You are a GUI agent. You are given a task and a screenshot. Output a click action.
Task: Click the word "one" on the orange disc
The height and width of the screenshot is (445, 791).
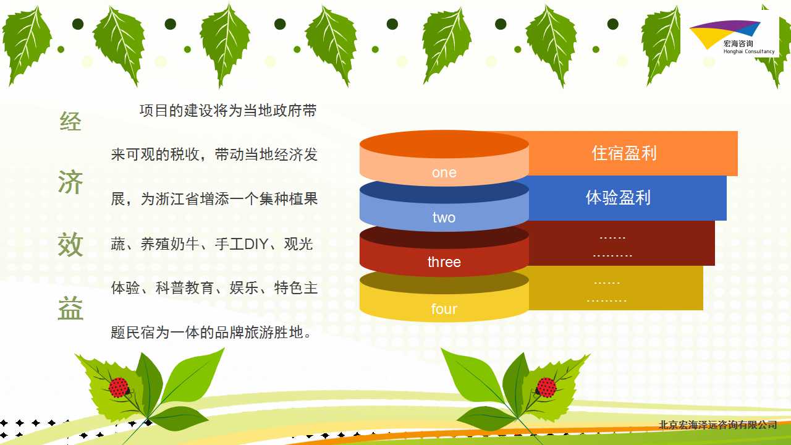(444, 172)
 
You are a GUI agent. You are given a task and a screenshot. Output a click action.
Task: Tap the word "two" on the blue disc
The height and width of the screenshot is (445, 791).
(444, 218)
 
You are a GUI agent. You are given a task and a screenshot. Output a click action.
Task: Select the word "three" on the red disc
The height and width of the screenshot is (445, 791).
(444, 262)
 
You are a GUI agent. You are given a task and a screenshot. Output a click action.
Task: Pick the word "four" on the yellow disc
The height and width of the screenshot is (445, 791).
(444, 309)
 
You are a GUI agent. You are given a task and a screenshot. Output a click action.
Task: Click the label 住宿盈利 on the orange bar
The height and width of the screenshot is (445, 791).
(624, 153)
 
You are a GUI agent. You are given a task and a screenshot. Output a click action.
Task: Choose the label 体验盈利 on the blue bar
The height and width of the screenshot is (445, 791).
(618, 198)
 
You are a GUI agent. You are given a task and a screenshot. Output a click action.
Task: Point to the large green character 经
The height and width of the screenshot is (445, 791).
(70, 121)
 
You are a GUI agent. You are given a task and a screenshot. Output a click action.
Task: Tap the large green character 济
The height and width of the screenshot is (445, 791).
(70, 182)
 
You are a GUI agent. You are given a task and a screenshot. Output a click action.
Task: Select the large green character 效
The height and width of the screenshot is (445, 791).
(70, 244)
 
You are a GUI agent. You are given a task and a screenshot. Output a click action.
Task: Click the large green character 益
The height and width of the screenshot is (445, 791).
(70, 308)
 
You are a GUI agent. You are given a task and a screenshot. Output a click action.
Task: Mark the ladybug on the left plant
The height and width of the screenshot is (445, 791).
(119, 388)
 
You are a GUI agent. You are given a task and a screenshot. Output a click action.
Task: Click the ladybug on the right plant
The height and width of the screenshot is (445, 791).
(546, 388)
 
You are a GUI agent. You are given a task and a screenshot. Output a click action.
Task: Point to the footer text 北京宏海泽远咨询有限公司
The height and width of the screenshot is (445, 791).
(717, 425)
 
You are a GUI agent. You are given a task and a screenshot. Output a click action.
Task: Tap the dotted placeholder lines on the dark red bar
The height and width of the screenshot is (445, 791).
(612, 247)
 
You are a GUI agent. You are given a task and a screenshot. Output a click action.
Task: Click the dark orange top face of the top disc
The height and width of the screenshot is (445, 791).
(444, 144)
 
